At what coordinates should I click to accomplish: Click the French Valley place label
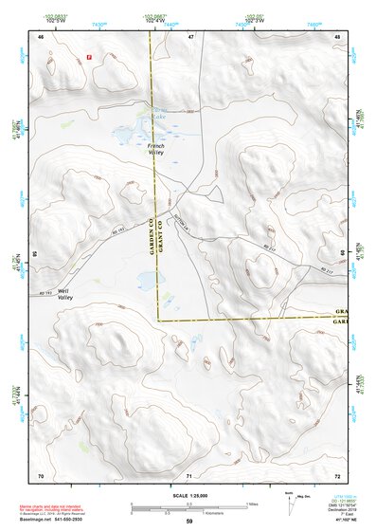157,149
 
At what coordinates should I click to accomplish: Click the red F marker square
88,57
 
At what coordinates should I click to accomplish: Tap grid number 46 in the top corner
41,36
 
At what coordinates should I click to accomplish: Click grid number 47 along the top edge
190,36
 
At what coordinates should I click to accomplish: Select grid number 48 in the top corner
337,36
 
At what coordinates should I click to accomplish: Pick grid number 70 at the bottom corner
41,474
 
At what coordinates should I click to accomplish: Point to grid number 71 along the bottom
189,474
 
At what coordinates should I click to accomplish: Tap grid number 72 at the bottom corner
337,474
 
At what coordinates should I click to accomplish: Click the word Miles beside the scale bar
252,504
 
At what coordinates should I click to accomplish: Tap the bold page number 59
188,522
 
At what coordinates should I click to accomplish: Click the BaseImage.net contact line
54,521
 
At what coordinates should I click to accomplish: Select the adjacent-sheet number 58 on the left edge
35,254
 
